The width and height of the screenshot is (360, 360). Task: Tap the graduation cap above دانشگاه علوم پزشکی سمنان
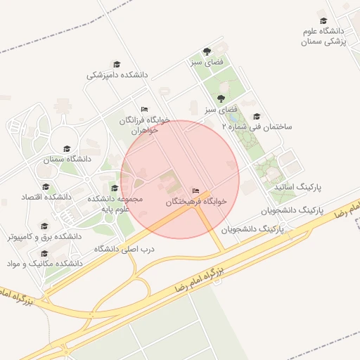pyautogui.click(x=323, y=21)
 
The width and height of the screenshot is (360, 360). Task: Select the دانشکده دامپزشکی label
pyautogui.click(x=117, y=74)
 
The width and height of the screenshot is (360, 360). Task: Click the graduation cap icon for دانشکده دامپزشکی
pyautogui.click(x=117, y=64)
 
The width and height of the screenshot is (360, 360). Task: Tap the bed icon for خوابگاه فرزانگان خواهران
pyautogui.click(x=144, y=110)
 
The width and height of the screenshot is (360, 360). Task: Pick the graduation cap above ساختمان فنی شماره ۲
pyautogui.click(x=257, y=117)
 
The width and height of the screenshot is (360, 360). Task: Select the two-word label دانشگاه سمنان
pyautogui.click(x=68, y=159)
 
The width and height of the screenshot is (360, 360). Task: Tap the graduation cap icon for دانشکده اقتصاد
pyautogui.click(x=46, y=187)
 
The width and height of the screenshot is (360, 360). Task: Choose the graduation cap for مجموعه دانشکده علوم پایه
pyautogui.click(x=115, y=188)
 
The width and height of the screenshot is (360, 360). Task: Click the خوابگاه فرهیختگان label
pyautogui.click(x=197, y=201)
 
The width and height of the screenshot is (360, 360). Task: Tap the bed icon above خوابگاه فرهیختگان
pyautogui.click(x=195, y=191)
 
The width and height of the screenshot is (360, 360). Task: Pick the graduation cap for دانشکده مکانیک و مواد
pyautogui.click(x=44, y=253)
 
